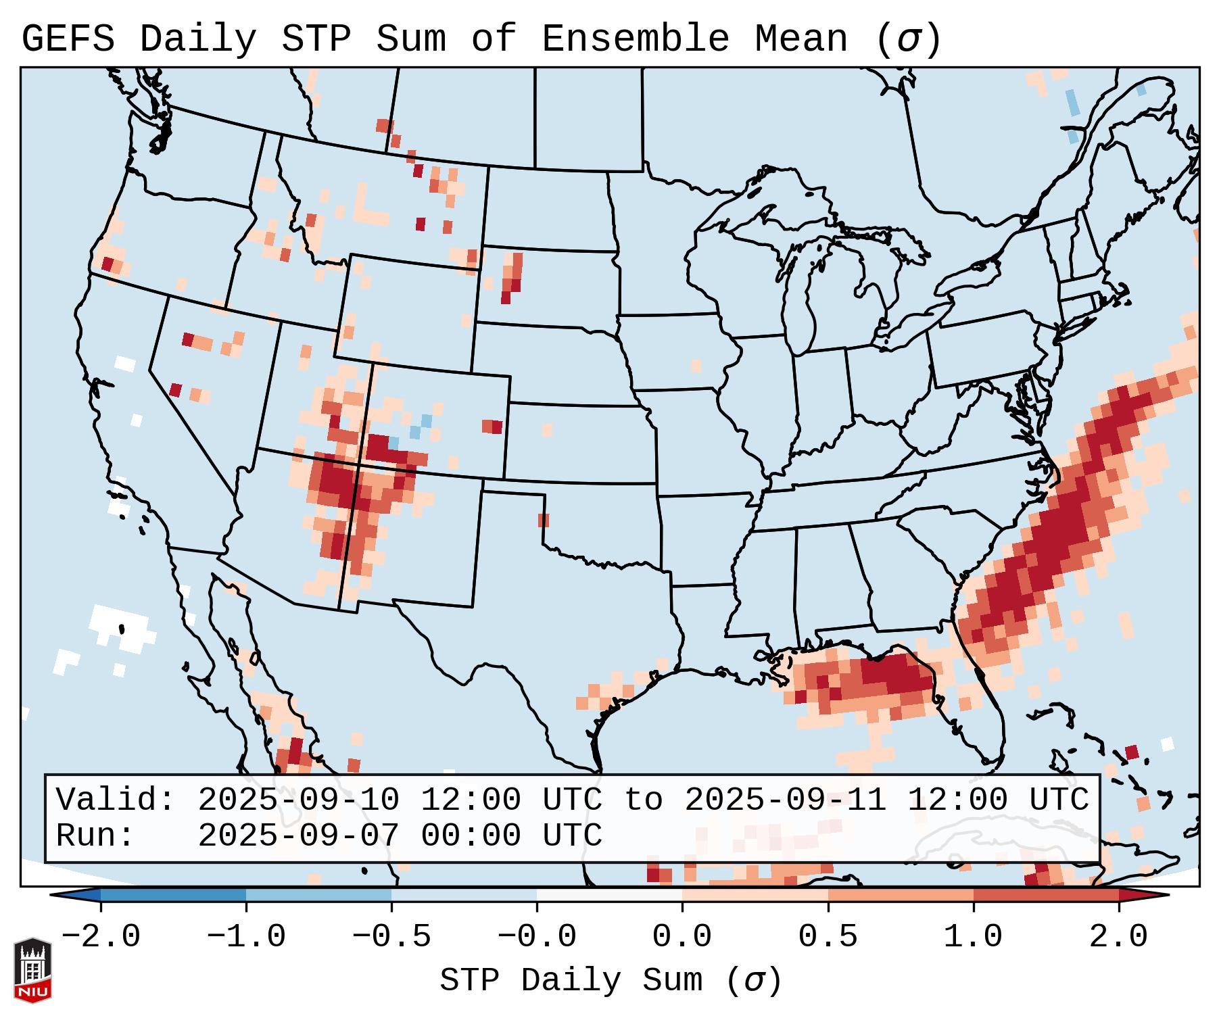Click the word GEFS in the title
click(68, 39)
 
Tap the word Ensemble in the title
click(635, 39)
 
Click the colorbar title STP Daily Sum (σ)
click(611, 981)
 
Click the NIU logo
click(32, 969)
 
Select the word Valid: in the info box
click(116, 800)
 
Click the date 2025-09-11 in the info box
click(785, 800)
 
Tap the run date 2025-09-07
click(298, 836)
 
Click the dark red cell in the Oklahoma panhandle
click(544, 520)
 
